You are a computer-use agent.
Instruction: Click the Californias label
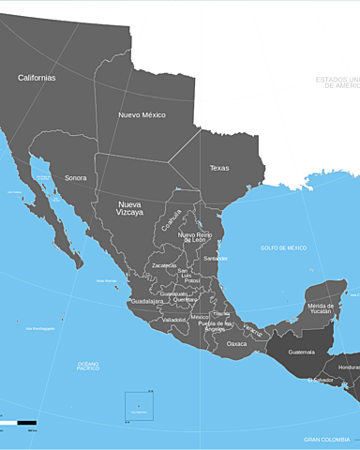tap(37, 78)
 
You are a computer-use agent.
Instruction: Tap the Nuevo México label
tap(142, 115)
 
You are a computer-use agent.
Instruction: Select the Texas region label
tap(218, 168)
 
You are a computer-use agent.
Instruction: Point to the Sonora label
tap(75, 177)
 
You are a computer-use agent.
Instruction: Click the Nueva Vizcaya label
tap(129, 208)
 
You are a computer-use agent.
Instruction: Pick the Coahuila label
tap(171, 220)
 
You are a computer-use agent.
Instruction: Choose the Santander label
tap(216, 258)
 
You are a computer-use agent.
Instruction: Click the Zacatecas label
tap(164, 265)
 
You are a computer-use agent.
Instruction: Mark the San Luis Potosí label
tap(192, 276)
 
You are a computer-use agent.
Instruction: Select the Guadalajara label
tap(147, 302)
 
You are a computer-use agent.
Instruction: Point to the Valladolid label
tap(173, 320)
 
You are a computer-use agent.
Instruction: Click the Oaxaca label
tap(237, 344)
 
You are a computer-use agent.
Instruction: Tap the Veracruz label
tap(254, 331)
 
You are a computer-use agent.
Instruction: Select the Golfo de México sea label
tap(283, 247)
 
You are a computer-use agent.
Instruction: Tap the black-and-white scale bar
tap(19, 424)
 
